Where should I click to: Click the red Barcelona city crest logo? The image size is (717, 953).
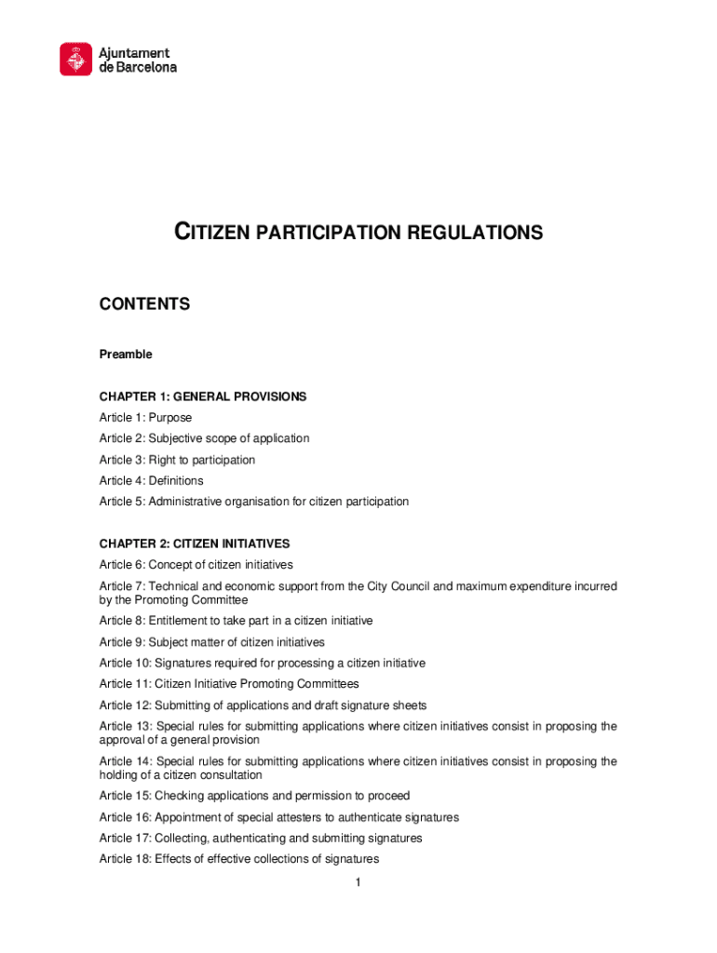(76, 60)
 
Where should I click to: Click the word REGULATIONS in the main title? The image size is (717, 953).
(474, 233)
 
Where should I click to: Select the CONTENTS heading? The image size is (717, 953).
(144, 304)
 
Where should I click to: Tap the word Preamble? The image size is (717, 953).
(126, 355)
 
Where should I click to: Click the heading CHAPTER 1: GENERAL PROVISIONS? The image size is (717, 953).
(203, 396)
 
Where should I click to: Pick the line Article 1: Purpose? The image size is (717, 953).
(145, 418)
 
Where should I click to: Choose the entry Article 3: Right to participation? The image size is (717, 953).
(177, 460)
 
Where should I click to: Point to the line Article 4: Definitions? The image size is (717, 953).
(151, 481)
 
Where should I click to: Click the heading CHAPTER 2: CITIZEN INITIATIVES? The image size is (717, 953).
(195, 544)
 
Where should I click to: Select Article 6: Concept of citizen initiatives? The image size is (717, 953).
(196, 565)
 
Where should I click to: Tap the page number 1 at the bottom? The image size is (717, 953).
(358, 882)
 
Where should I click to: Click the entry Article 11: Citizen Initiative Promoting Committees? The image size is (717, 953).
(229, 684)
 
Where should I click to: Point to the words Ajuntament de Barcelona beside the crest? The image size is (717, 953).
(138, 60)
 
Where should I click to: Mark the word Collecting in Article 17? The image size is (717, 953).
(182, 839)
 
